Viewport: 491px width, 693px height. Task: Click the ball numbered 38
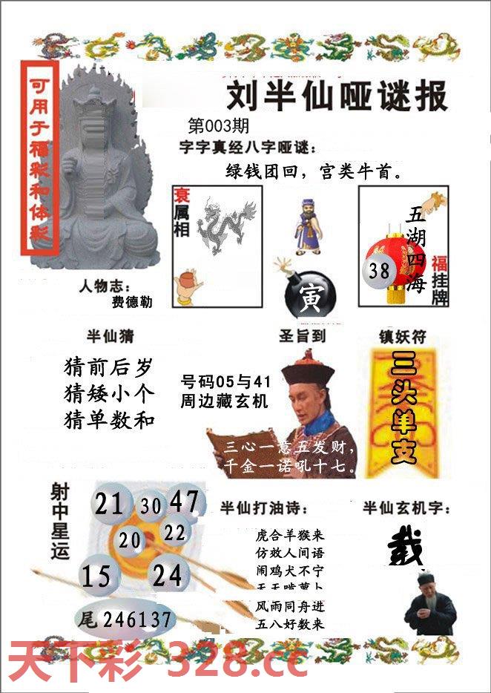380,271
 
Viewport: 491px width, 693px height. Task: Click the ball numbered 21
110,505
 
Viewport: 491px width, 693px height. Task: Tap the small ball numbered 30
151,506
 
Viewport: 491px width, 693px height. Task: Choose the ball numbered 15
97,576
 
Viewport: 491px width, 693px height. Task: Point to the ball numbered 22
175,532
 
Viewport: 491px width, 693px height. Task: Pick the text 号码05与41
225,382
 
